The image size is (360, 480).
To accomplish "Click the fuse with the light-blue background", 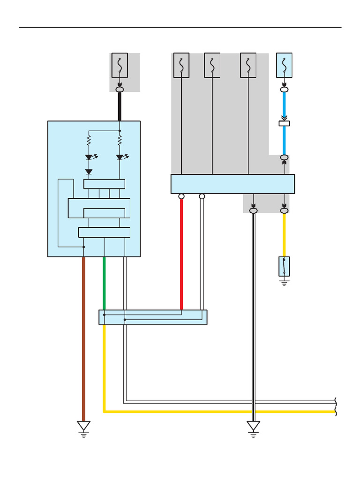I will [x=284, y=65].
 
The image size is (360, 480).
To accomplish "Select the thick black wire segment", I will [x=120, y=106].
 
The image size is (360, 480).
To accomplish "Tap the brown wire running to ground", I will [x=83, y=337].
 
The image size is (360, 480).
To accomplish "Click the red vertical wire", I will [x=181, y=253].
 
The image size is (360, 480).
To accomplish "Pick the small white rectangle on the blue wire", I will [x=284, y=123].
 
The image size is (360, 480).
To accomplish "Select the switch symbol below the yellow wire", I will [x=284, y=266].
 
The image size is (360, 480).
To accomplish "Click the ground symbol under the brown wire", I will [x=84, y=427].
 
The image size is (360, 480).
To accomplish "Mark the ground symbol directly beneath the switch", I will [x=284, y=282].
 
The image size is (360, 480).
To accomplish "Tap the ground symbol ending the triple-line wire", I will [x=254, y=427].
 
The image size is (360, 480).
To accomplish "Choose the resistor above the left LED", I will [x=89, y=140].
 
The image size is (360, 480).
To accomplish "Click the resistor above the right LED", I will [x=120, y=140].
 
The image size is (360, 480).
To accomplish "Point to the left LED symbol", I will [x=89, y=157].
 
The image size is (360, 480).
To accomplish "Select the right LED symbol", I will [x=120, y=157].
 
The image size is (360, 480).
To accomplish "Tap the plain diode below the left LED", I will [x=89, y=172].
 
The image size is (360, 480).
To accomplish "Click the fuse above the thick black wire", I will [x=120, y=65].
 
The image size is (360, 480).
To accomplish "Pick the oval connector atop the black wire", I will [x=120, y=89].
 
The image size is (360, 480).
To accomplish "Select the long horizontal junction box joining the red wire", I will [x=153, y=317].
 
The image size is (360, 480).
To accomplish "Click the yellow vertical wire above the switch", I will [x=284, y=234].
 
